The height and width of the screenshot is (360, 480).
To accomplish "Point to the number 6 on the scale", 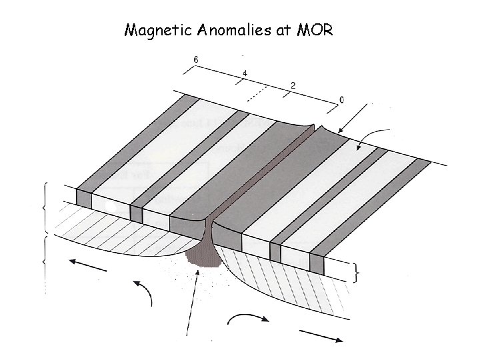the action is click(x=195, y=60).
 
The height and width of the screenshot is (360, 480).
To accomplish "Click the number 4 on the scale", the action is click(x=245, y=73).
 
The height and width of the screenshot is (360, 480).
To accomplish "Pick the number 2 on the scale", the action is click(x=293, y=86).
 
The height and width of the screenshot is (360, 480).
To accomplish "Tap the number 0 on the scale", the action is click(x=342, y=100).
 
